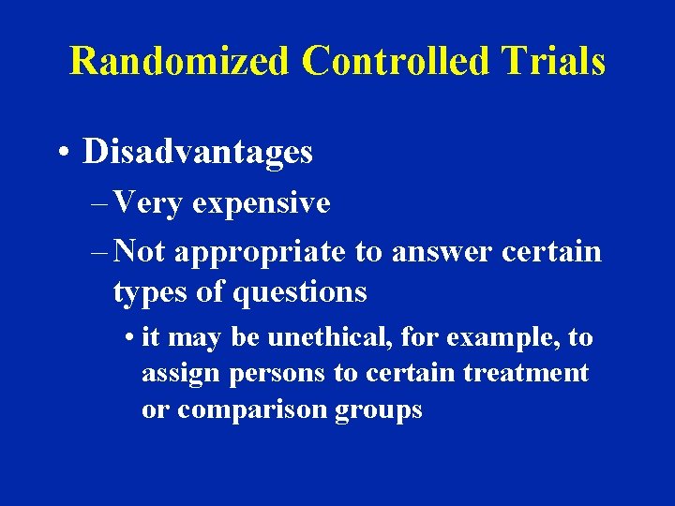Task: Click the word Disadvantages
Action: [198, 152]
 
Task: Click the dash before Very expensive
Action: [99, 203]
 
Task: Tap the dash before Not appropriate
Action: [99, 252]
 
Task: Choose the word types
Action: [151, 293]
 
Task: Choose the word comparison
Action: [249, 409]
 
